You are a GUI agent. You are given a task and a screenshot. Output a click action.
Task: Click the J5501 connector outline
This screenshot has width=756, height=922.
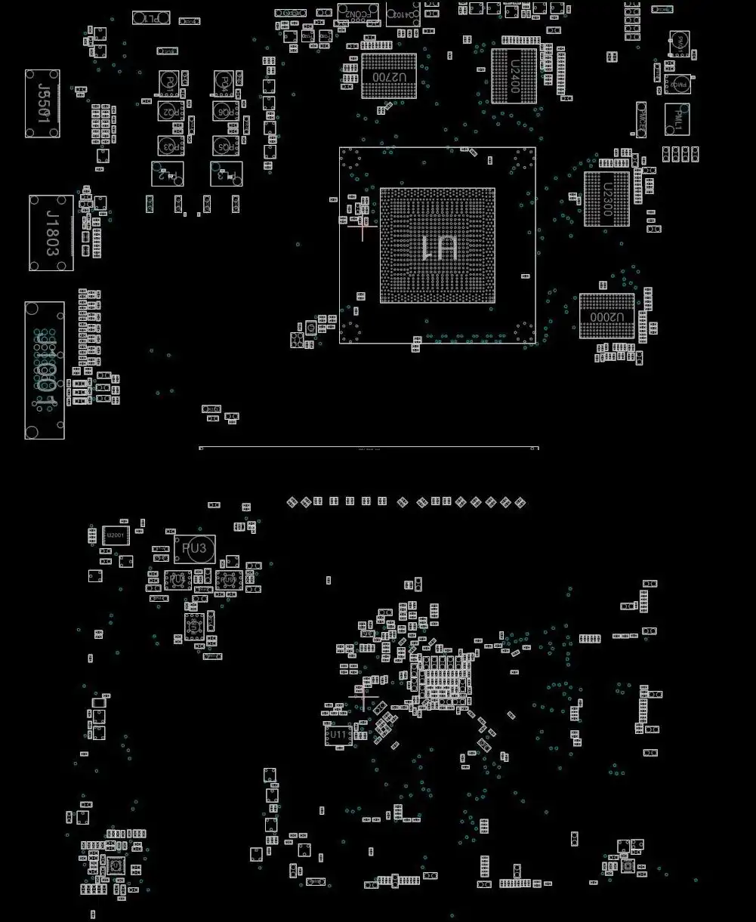pyautogui.click(x=42, y=103)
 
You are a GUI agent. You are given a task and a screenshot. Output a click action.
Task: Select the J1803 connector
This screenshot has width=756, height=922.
pyautogui.click(x=51, y=233)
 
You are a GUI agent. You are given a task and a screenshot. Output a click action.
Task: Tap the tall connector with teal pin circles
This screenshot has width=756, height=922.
pyautogui.click(x=45, y=370)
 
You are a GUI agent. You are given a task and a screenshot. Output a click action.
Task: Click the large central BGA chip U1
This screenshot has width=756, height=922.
pyautogui.click(x=437, y=246)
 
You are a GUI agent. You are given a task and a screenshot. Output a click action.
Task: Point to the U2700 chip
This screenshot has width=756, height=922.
pyautogui.click(x=389, y=76)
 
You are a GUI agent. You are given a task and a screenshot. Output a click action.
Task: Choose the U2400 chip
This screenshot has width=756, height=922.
pyautogui.click(x=514, y=76)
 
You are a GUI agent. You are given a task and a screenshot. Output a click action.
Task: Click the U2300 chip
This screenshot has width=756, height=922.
pyautogui.click(x=606, y=199)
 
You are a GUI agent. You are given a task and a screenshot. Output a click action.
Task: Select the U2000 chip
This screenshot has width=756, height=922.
pyautogui.click(x=606, y=316)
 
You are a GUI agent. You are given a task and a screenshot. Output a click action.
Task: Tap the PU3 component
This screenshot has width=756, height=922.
pyautogui.click(x=195, y=549)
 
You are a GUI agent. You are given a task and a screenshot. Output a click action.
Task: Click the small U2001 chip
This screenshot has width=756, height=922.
pyautogui.click(x=116, y=535)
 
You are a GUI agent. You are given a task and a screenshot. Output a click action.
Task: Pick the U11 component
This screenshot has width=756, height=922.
pyautogui.click(x=338, y=734)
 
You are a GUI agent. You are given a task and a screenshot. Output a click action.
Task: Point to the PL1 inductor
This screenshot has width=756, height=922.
pyautogui.click(x=151, y=17)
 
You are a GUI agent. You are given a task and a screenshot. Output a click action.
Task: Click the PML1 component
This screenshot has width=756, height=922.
pyautogui.click(x=677, y=119)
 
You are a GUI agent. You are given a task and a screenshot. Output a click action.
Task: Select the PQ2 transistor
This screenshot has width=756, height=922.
pyautogui.click(x=171, y=111)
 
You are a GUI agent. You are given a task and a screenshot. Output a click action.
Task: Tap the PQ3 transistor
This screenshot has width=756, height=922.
pyautogui.click(x=171, y=145)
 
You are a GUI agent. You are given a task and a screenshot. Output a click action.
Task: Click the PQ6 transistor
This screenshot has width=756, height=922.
pyautogui.click(x=224, y=111)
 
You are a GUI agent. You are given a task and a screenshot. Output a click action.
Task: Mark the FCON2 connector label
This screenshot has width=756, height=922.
pyautogui.click(x=358, y=14)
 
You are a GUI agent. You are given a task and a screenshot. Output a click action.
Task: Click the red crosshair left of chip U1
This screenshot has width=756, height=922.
pyautogui.click(x=363, y=225)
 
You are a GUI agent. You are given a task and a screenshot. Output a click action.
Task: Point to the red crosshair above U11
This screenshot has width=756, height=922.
pyautogui.click(x=364, y=698)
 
